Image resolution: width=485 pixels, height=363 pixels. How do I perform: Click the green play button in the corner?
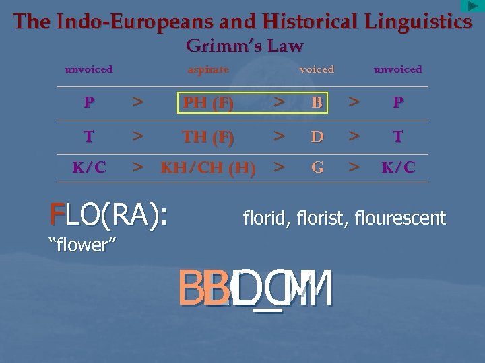click(x=472, y=6)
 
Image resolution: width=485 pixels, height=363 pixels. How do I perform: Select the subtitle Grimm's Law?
click(x=244, y=46)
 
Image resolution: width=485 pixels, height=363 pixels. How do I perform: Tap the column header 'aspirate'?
click(x=208, y=69)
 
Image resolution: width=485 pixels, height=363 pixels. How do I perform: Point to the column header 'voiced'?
click(x=317, y=69)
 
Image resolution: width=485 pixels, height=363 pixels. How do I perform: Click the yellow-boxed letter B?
click(x=317, y=103)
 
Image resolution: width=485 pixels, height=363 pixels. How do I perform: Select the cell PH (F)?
click(x=208, y=104)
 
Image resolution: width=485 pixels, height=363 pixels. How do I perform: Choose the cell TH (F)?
click(x=208, y=137)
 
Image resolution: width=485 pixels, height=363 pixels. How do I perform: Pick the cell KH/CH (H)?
click(x=208, y=168)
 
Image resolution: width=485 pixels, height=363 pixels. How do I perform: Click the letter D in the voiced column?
click(x=317, y=137)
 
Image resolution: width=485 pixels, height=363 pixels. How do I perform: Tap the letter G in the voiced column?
click(x=317, y=167)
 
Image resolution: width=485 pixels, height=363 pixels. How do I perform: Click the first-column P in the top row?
click(x=89, y=104)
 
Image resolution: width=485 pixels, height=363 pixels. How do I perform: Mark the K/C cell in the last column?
click(x=398, y=168)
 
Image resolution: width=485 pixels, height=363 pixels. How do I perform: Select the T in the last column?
click(x=398, y=137)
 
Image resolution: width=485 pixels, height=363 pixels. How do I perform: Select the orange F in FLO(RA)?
click(x=57, y=214)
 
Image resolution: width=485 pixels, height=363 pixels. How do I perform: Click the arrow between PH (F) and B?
click(x=278, y=103)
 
